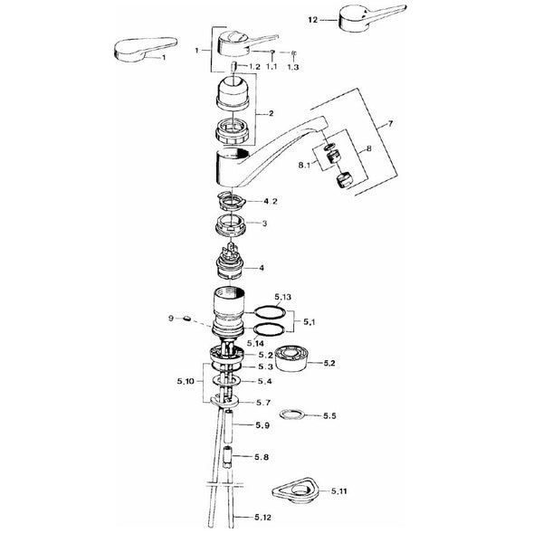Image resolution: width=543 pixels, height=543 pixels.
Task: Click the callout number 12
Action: click(312, 20)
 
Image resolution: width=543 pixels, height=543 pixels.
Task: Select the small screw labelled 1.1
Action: click(272, 52)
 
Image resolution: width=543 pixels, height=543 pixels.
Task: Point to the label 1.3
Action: click(293, 67)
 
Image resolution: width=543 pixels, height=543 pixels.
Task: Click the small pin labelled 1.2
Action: click(233, 66)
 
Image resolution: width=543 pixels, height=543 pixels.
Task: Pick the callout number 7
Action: click(390, 123)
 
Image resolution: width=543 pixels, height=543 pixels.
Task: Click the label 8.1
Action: click(304, 166)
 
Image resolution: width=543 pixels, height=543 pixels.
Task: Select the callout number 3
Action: click(264, 224)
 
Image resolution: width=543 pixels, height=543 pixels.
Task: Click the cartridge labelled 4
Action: click(230, 262)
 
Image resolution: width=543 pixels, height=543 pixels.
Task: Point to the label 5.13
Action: click(283, 297)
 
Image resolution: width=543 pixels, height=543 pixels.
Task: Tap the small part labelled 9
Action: click(186, 318)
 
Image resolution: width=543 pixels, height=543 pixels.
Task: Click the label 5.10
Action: click(186, 381)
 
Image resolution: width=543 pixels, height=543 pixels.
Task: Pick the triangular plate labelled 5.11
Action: click(295, 490)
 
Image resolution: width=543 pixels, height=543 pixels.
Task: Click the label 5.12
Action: click(262, 518)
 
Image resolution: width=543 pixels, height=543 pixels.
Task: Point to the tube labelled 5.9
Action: click(229, 425)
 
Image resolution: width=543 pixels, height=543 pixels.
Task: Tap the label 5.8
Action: click(262, 457)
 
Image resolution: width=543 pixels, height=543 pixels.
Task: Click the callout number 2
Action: click(271, 113)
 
